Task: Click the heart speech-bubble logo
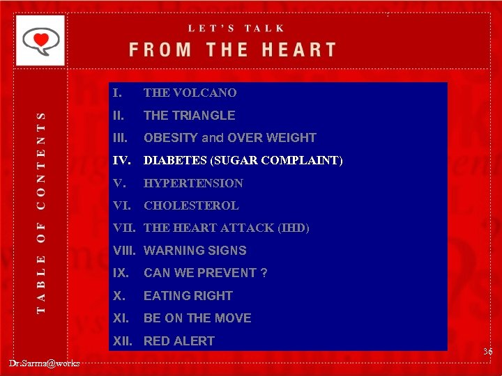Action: (40, 40)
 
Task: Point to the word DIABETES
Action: (174, 161)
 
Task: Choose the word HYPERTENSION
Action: (193, 183)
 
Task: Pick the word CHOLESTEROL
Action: (191, 205)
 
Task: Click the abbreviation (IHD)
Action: (294, 228)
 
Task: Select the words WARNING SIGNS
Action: (195, 251)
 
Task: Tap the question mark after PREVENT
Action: (264, 273)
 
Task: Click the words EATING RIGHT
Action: (188, 296)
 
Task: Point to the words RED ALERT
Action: (178, 341)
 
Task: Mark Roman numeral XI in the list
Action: (120, 318)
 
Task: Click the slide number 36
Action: (487, 352)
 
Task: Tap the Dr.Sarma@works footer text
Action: (44, 363)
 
